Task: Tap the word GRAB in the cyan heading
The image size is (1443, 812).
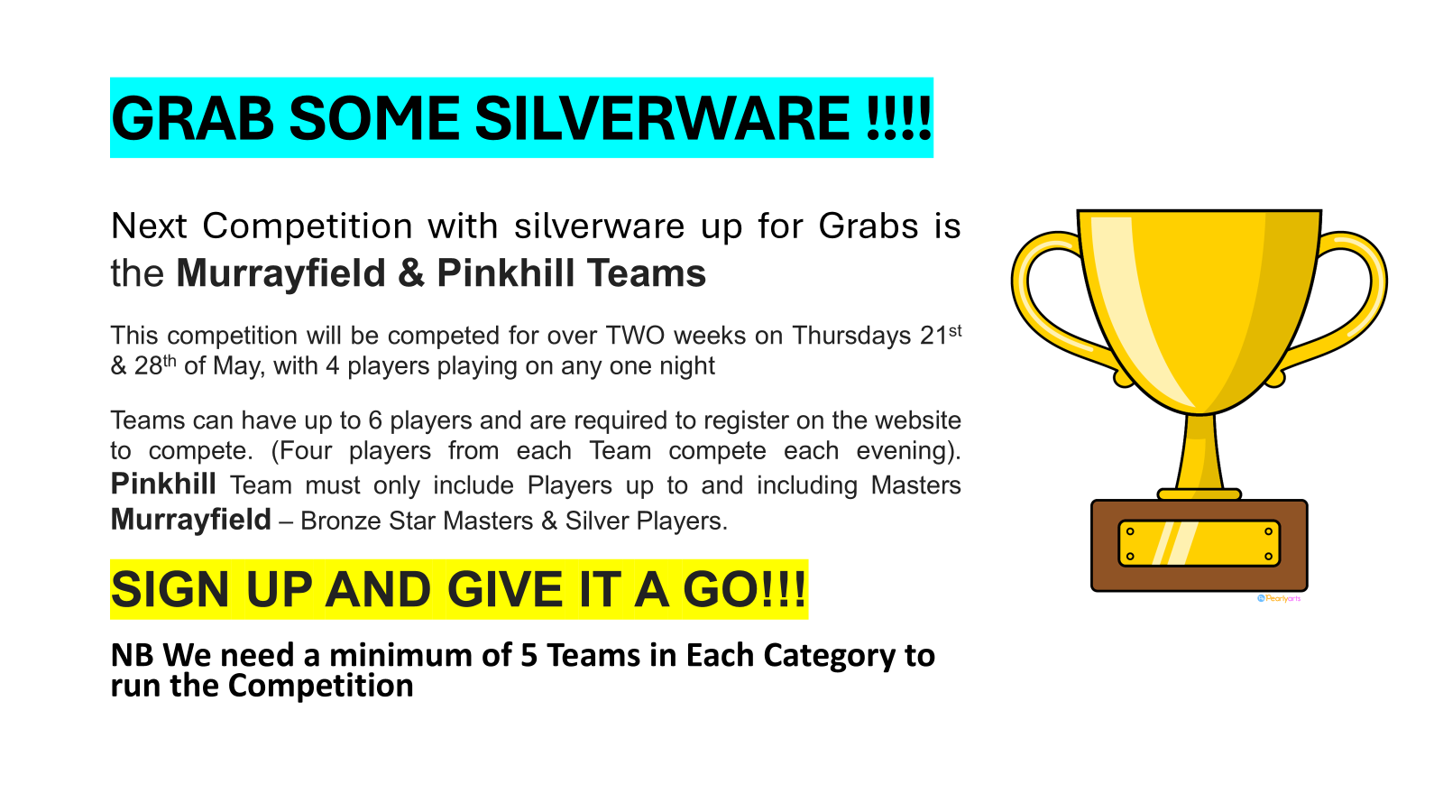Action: (x=192, y=118)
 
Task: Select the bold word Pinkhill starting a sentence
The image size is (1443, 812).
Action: (x=163, y=484)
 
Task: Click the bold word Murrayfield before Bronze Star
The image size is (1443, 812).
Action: (x=190, y=521)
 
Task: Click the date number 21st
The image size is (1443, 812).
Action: (x=940, y=336)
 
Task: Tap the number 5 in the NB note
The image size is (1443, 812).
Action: (x=529, y=655)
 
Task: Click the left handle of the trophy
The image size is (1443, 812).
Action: (x=1046, y=298)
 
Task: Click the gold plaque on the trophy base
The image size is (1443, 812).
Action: (x=1199, y=543)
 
